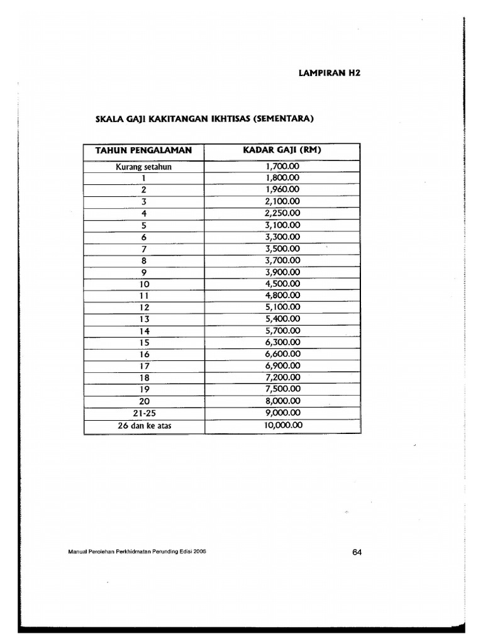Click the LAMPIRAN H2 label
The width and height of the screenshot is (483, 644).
tap(328, 73)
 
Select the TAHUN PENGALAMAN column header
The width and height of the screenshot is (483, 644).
tap(143, 150)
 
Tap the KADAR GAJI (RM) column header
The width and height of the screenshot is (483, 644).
tap(282, 150)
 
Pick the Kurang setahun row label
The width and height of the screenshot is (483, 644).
tap(143, 167)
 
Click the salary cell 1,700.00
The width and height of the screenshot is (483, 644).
tap(282, 167)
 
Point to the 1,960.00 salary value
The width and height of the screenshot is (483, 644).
tap(282, 189)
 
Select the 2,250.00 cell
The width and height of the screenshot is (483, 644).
tap(282, 213)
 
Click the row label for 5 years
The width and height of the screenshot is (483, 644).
tap(143, 225)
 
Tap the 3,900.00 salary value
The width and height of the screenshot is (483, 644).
tap(282, 272)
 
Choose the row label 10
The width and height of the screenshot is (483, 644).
tap(143, 284)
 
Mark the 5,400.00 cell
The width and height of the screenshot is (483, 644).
tap(282, 319)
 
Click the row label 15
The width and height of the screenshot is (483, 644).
tap(143, 343)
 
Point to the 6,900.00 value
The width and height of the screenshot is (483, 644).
tap(282, 365)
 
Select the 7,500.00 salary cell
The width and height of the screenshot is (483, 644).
tap(282, 389)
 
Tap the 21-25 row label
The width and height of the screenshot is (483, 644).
tap(143, 413)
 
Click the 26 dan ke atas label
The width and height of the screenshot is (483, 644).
tap(143, 425)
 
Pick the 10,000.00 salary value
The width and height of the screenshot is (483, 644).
tap(282, 425)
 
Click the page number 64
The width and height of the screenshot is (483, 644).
tap(357, 552)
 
